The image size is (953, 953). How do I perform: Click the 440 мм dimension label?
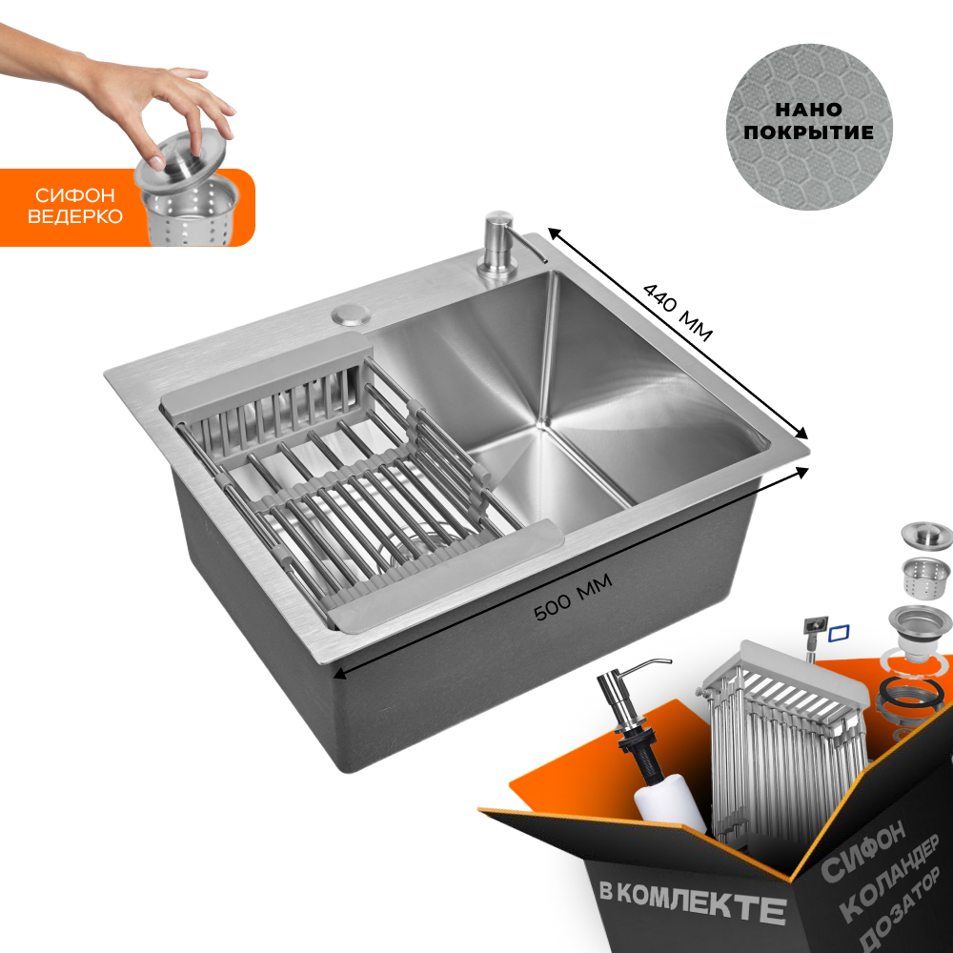tap(678, 312)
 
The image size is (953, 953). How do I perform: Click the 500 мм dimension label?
tap(573, 598)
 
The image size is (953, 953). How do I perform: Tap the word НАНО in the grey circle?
tap(808, 110)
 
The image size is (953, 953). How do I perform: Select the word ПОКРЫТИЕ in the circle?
tap(808, 132)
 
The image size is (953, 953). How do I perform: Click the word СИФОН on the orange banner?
tap(75, 195)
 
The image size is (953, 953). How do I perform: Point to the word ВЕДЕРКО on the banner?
tap(75, 216)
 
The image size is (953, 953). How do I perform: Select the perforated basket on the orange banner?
tap(190, 213)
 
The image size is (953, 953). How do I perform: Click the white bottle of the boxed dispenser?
tap(670, 804)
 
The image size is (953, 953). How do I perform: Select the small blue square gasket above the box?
tap(840, 634)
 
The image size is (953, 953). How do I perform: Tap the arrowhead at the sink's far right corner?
tap(802, 434)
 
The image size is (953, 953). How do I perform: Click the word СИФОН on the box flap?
tap(863, 852)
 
